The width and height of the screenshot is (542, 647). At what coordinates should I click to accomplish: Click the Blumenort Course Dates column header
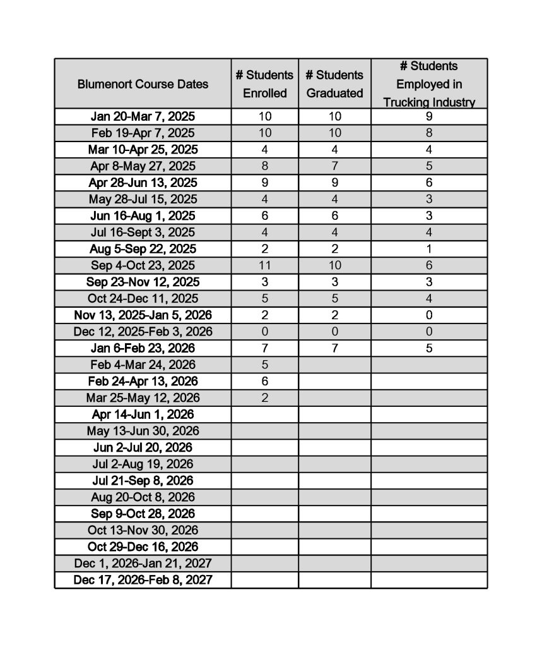[x=143, y=84]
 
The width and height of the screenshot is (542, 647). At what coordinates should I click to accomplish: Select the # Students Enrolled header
[x=264, y=84]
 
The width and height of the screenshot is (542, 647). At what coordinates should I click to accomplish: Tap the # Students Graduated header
[x=334, y=84]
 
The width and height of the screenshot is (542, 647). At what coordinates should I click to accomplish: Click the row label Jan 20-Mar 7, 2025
[x=143, y=116]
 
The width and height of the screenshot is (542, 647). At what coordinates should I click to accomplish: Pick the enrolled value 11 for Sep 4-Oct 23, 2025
[x=265, y=265]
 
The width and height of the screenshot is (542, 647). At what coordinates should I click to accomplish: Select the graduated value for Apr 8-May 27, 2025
[x=334, y=166]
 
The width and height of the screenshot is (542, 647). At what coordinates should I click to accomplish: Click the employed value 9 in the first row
[x=429, y=116]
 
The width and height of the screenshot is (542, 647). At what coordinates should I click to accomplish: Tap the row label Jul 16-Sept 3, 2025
[x=143, y=233]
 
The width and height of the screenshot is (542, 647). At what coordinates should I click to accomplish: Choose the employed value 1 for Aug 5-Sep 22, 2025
[x=429, y=249]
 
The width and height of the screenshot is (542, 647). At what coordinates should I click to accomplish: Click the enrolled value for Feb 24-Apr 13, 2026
[x=265, y=381]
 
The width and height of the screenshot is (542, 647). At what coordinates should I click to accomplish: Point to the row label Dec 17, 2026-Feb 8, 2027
[x=143, y=580]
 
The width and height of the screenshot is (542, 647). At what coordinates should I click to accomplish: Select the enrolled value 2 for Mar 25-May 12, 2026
[x=265, y=398]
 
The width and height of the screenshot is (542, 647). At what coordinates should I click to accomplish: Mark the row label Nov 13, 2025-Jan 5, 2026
[x=143, y=315]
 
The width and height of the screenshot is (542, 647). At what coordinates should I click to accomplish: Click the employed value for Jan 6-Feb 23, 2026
[x=429, y=348]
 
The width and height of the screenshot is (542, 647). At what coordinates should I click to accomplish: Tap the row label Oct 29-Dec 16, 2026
[x=143, y=547]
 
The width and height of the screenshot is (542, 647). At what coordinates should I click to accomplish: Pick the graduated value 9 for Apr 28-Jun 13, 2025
[x=334, y=183]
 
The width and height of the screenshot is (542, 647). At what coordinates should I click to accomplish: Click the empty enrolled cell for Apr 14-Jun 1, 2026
[x=265, y=414]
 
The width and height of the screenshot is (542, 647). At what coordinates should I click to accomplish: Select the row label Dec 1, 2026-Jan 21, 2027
[x=143, y=563]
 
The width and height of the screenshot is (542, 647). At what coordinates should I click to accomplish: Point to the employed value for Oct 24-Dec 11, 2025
[x=429, y=298]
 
